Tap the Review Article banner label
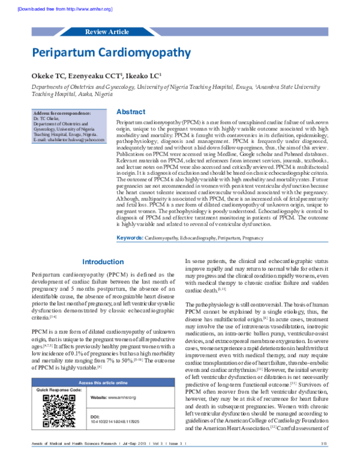point(107,31)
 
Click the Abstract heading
point(130,112)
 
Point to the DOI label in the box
point(94,417)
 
